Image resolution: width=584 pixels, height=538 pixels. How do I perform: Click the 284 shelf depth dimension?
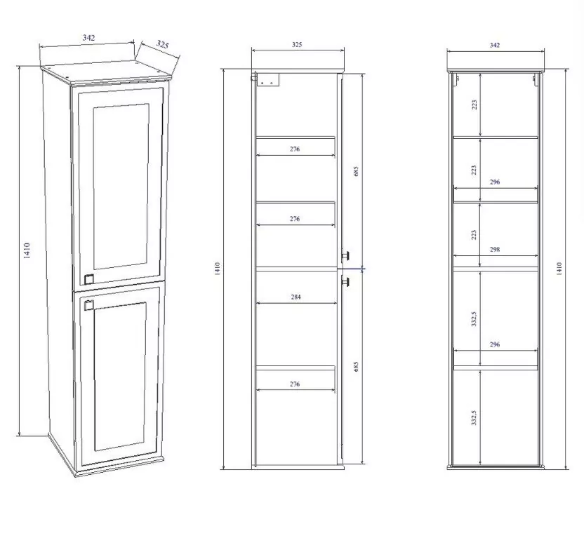pos(296,297)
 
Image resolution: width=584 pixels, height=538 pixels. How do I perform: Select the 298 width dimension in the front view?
pos(495,249)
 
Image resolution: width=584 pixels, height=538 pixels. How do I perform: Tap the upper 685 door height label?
pos(356,171)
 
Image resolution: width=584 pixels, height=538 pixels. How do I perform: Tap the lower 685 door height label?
pos(356,366)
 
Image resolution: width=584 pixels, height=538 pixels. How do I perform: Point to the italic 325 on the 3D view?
pos(162,44)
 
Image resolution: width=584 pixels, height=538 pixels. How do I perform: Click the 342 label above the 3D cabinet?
pos(88,38)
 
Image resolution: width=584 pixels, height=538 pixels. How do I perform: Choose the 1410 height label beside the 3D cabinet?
pos(27,250)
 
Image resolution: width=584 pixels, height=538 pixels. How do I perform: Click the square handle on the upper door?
pos(88,279)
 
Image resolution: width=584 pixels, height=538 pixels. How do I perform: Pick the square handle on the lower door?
pos(88,304)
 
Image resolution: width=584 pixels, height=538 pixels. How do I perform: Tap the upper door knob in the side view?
pos(345,255)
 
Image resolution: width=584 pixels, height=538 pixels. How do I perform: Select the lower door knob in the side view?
pos(345,282)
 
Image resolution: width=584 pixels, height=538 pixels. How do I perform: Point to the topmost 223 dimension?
pos(474,105)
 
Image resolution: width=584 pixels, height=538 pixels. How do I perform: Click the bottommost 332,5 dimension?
pos(474,418)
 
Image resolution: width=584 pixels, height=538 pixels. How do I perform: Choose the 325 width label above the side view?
pos(297,45)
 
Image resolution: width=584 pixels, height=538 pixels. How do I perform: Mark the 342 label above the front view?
pos(495,45)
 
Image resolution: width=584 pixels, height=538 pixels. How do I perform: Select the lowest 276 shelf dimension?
pos(295,384)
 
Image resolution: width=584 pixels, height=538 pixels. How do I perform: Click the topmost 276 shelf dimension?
pos(295,149)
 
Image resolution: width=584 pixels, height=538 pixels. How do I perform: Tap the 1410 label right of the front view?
pos(559,269)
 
